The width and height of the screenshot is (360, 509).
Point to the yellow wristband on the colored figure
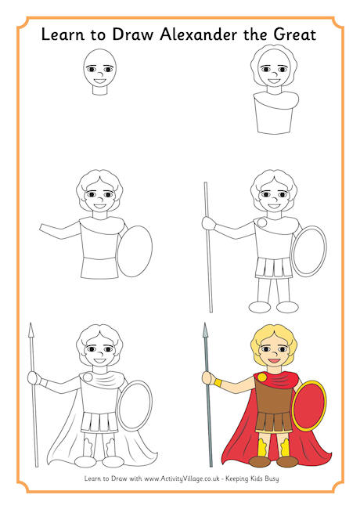[218, 382]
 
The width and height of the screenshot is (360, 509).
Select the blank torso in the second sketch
[274, 117]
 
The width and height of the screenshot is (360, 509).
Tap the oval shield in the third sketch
[135, 251]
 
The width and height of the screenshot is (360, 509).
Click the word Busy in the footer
[278, 478]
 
